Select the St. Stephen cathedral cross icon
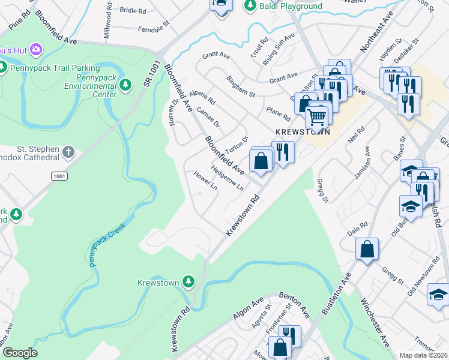point(68,152)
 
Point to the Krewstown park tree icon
point(188,281)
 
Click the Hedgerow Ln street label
point(228,178)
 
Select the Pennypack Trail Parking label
point(54,68)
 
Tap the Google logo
point(20,353)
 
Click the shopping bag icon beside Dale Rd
point(367,248)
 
